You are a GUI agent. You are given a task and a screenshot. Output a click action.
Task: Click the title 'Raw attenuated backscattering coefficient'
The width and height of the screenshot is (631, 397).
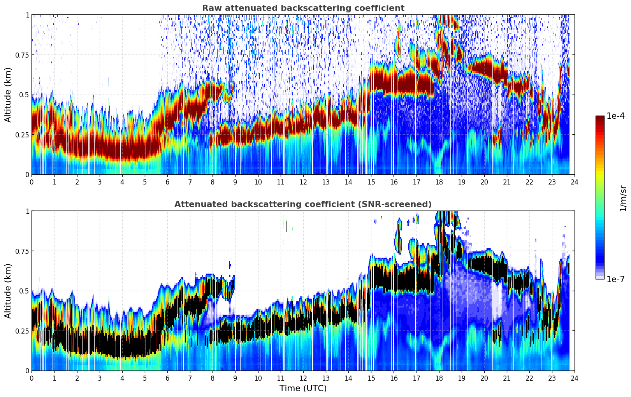coord(303,8)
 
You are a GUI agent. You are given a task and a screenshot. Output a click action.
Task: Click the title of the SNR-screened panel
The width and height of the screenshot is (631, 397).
coord(303,204)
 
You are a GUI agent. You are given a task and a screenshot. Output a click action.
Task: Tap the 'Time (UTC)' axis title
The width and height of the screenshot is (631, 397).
coord(303,388)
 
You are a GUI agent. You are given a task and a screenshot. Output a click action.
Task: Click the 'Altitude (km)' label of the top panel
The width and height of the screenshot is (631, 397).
coord(8,95)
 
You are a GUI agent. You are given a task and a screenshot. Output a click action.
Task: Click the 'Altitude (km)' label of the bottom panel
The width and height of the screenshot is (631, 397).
coord(8,291)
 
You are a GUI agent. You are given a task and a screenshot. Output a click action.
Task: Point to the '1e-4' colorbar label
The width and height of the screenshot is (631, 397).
coord(616,116)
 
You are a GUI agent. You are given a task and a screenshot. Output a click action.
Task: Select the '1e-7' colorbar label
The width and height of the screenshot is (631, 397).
coord(616,279)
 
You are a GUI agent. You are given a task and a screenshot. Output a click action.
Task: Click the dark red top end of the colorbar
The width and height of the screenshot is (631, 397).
coord(600,118)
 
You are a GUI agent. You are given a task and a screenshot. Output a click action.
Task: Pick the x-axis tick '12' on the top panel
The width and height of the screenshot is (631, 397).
coord(303,182)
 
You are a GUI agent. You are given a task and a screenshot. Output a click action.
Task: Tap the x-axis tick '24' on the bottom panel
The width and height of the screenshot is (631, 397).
coord(575,378)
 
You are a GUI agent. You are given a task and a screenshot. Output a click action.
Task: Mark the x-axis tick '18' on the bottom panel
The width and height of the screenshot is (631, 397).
coord(439,378)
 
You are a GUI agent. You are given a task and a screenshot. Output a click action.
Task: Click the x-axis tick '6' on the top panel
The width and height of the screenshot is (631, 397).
coord(167,182)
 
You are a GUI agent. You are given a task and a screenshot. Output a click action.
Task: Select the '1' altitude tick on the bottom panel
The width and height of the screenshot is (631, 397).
coord(27,211)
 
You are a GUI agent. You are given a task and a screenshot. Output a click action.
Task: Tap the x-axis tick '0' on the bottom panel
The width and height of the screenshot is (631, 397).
coord(32,378)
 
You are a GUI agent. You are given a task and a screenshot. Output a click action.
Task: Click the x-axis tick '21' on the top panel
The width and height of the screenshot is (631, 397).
coord(507,182)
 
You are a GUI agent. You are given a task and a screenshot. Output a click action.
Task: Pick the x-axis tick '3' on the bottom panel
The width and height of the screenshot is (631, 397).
coord(100,378)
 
